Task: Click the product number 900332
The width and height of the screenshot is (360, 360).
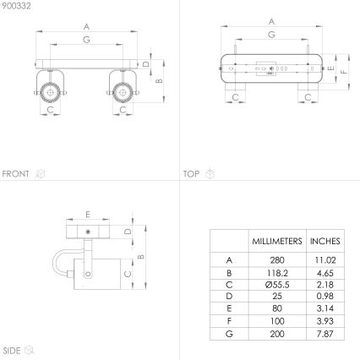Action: pyautogui.click(x=15, y=6)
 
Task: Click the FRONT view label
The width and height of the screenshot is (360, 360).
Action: pyautogui.click(x=16, y=174)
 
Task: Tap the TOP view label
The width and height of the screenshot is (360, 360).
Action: pyautogui.click(x=191, y=174)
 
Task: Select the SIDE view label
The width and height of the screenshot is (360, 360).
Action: pyautogui.click(x=12, y=349)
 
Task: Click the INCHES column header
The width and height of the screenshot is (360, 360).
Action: pyautogui.click(x=325, y=242)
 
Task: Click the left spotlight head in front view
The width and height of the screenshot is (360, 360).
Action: pyautogui.click(x=51, y=89)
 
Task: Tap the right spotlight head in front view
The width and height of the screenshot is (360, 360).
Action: pyautogui.click(x=122, y=89)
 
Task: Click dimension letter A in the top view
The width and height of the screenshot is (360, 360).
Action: pyautogui.click(x=271, y=21)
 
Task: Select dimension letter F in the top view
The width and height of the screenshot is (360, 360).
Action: pyautogui.click(x=346, y=72)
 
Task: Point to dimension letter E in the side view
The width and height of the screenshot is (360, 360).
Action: pyautogui.click(x=87, y=214)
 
